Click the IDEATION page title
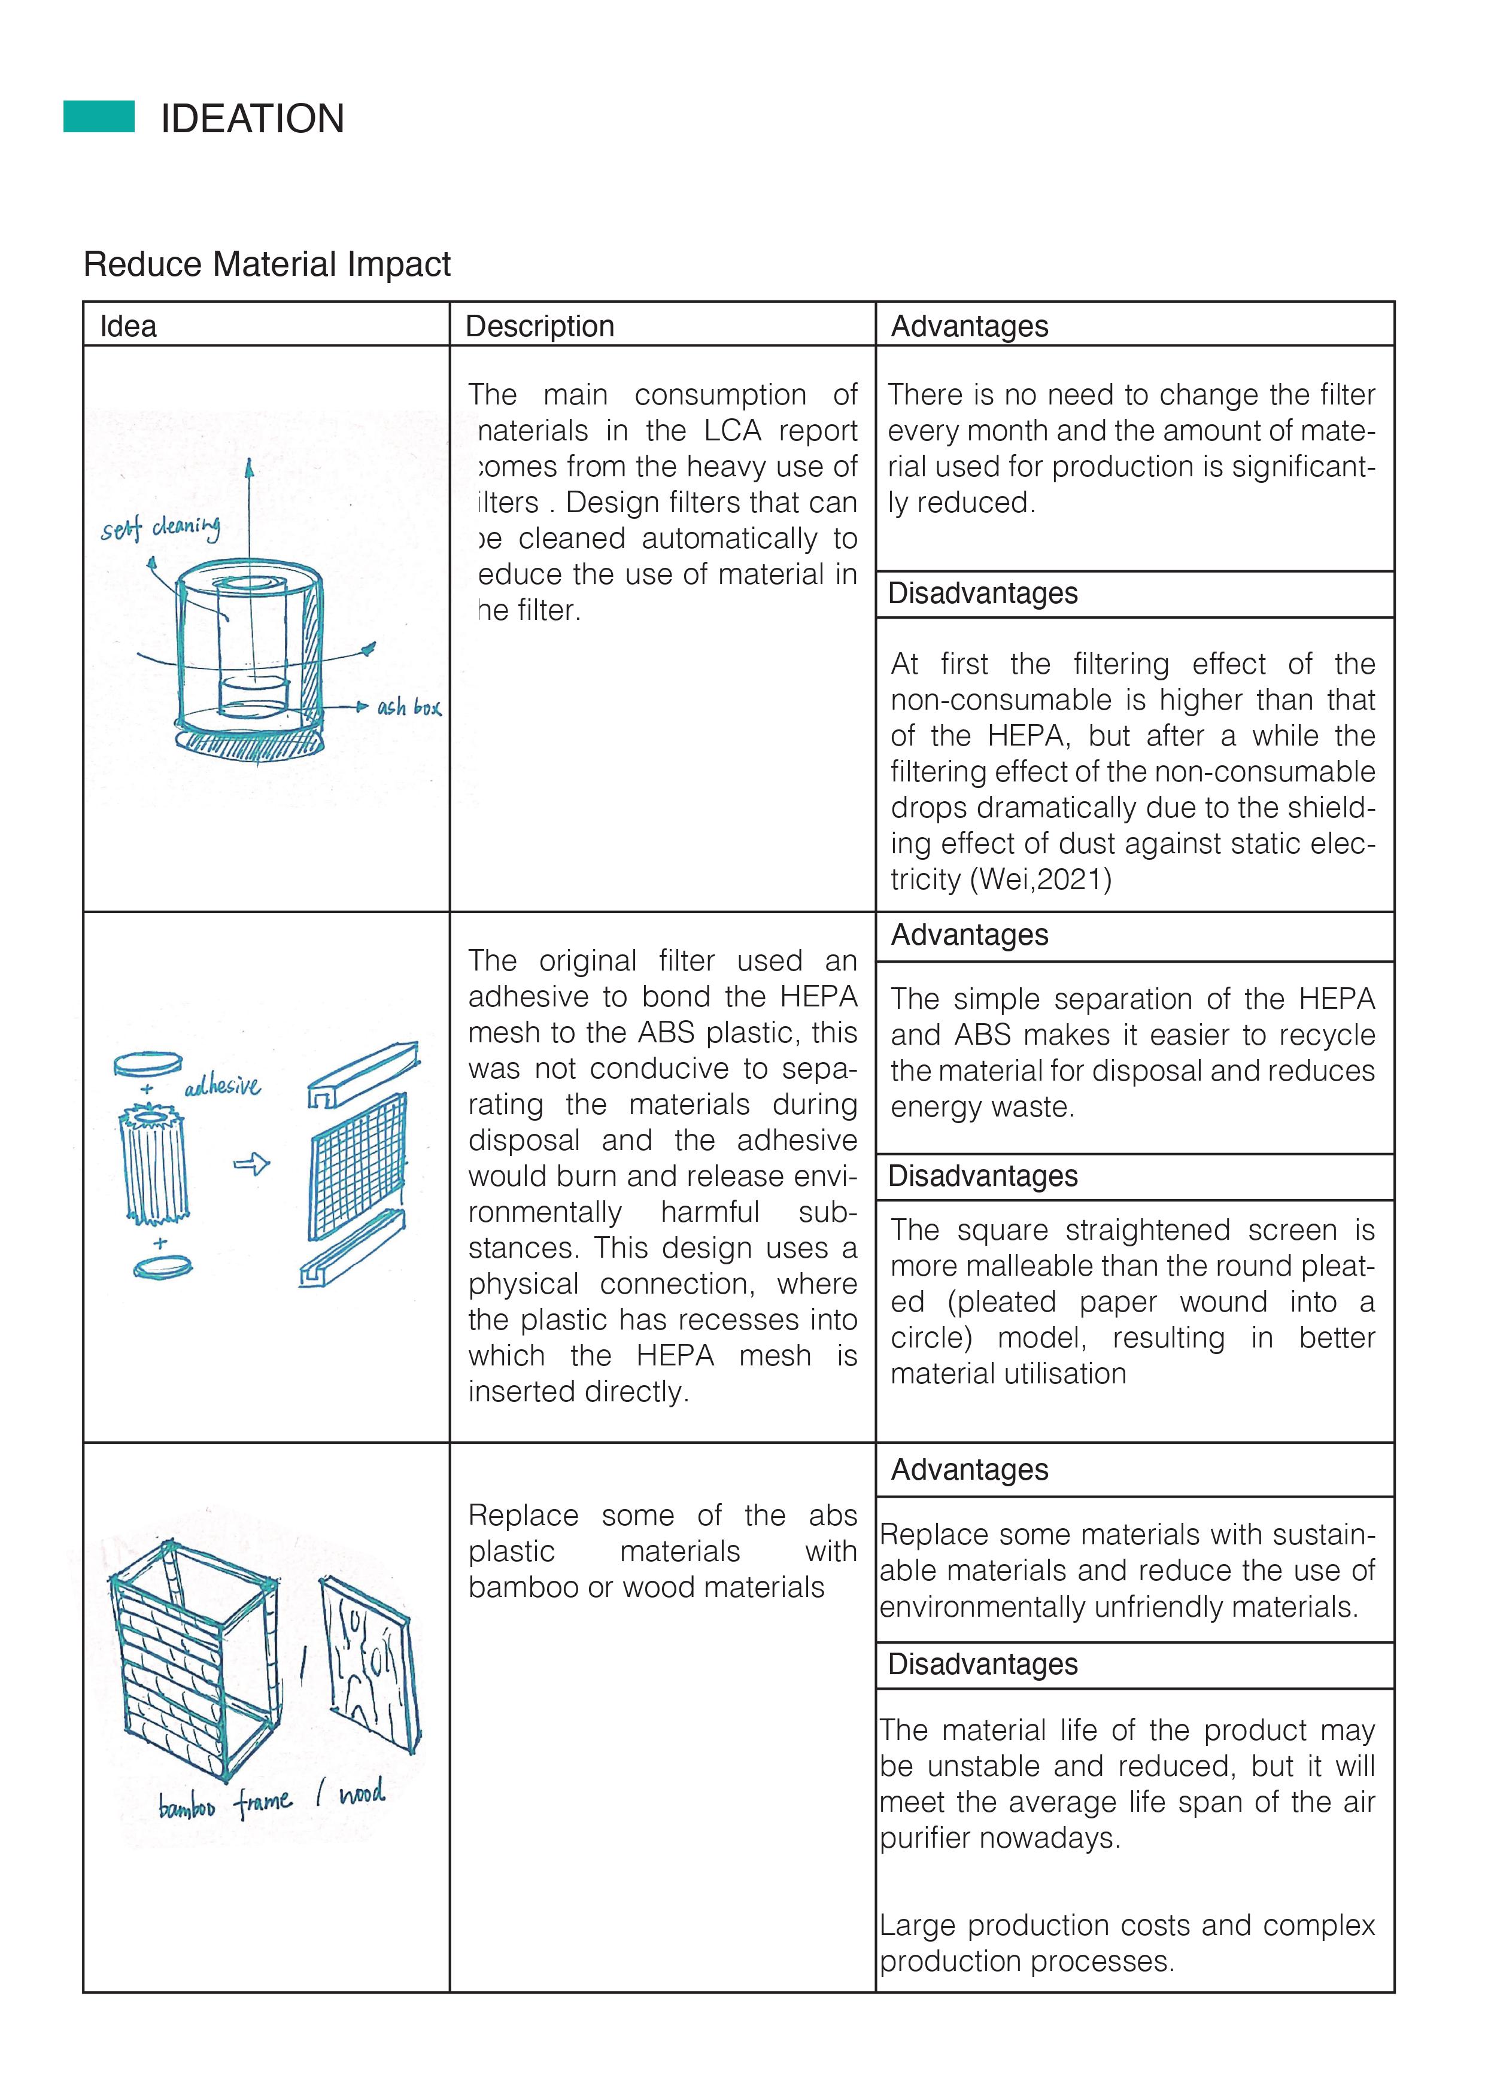[253, 119]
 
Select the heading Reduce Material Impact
[266, 264]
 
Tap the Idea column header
[128, 326]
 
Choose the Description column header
[539, 326]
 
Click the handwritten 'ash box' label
[409, 707]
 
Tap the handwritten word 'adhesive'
[222, 1086]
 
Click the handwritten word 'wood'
[362, 1794]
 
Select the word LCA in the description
[733, 431]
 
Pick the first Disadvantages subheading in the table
[983, 594]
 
